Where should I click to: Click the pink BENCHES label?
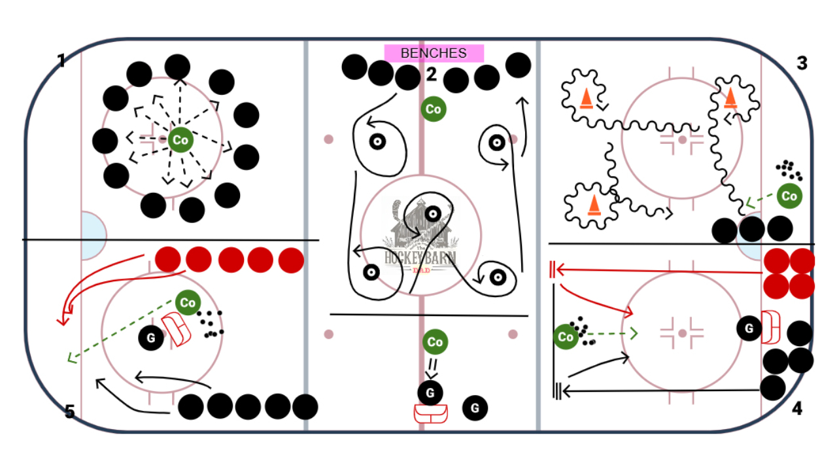coord(434,53)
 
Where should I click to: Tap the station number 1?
coord(61,61)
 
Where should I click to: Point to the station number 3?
coord(802,63)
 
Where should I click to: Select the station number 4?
coord(796,409)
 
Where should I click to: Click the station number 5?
coord(70,411)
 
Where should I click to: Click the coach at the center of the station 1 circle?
coord(179,139)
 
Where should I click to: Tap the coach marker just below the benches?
coord(433,109)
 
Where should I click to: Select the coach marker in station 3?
coord(789,196)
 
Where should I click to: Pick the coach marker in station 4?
coord(566,337)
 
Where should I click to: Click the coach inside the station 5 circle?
coord(188,302)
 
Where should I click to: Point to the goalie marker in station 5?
coord(151,338)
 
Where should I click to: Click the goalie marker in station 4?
coord(749,328)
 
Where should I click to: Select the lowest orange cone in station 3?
coord(594,205)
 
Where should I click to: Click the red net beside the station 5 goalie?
coord(177,328)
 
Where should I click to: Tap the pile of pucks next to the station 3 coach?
coord(789,171)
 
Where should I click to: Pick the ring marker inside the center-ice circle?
coord(432,213)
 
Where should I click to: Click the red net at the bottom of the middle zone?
coord(430,414)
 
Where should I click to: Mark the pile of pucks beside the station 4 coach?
coord(582,330)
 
